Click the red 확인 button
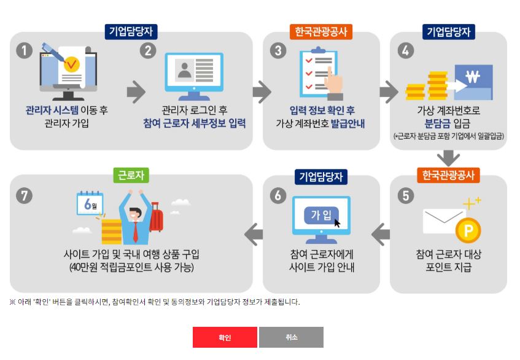(225, 337)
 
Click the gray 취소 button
(291, 337)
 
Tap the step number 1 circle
(24, 50)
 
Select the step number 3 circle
(278, 50)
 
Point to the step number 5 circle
(405, 195)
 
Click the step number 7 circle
(24, 195)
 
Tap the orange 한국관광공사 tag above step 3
(320, 32)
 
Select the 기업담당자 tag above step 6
(320, 177)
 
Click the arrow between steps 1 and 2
(136, 92)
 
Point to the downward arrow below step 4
(448, 158)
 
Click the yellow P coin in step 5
(468, 231)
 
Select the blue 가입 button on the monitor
(321, 214)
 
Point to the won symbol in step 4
(472, 77)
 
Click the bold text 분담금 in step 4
(430, 123)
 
